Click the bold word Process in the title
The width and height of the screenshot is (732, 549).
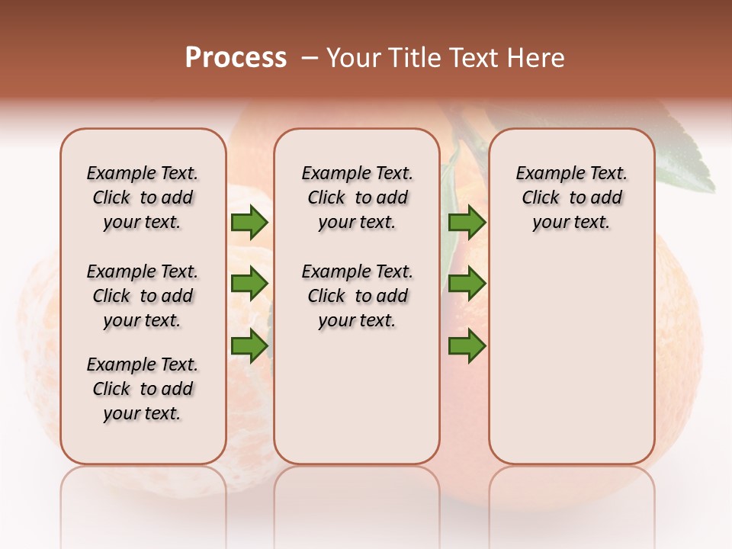click(x=236, y=58)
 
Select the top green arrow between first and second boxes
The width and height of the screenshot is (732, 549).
click(x=249, y=223)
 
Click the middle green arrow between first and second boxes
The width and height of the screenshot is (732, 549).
click(x=249, y=284)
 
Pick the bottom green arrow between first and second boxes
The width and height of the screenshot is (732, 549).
click(x=249, y=346)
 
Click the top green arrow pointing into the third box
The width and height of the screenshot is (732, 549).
click(x=467, y=223)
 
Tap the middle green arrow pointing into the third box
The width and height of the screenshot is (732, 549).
click(x=467, y=284)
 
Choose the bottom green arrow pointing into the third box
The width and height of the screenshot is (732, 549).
click(x=467, y=346)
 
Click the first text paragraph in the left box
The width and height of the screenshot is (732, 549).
click(x=143, y=197)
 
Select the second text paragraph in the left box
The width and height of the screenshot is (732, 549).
click(x=143, y=296)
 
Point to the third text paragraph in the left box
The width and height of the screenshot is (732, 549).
click(x=143, y=389)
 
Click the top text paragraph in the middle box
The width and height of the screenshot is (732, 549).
click(x=357, y=197)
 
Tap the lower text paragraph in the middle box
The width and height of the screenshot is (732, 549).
click(x=357, y=296)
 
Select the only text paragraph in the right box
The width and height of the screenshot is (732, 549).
click(x=571, y=197)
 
